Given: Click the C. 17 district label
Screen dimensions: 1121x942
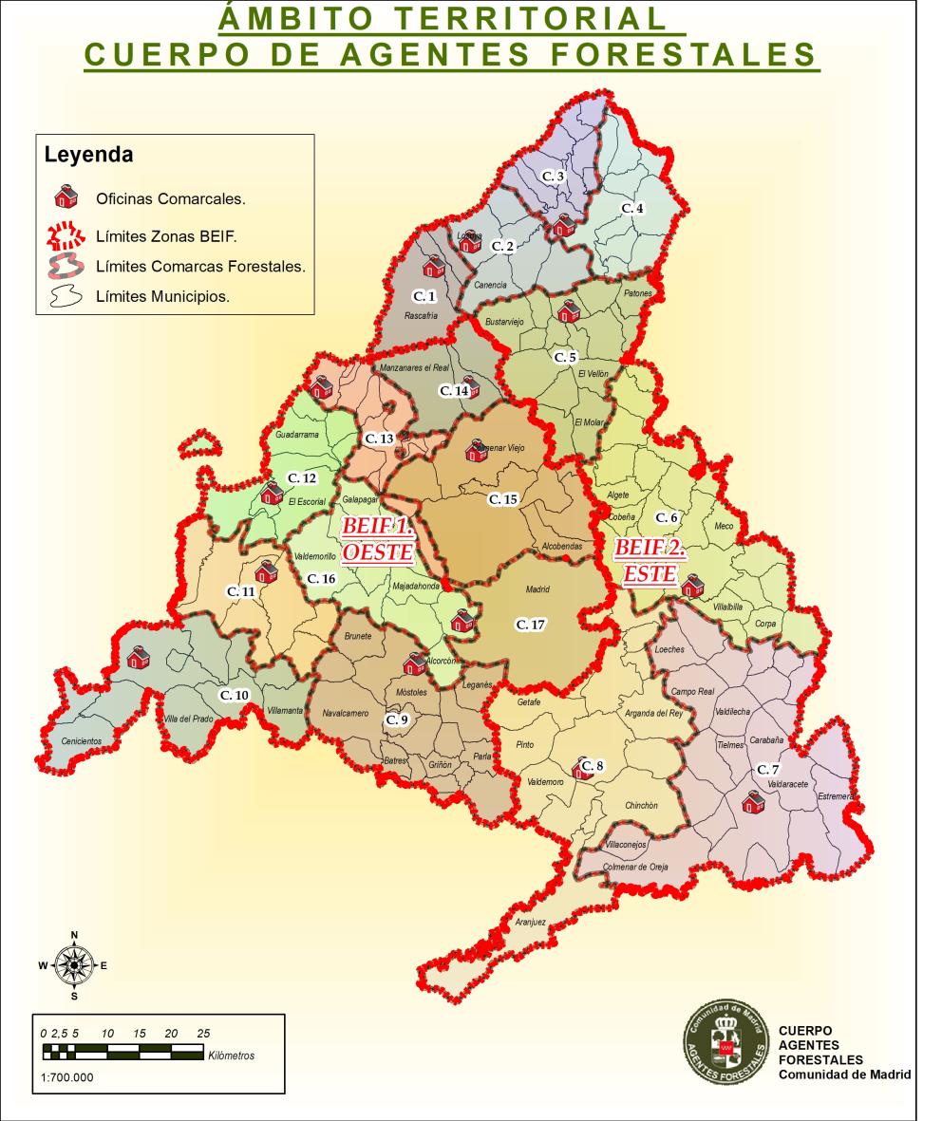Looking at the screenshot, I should click(x=530, y=624).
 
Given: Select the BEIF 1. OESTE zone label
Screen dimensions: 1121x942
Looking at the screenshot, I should click(x=377, y=538).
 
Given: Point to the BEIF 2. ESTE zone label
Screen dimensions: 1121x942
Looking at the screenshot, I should click(x=650, y=560).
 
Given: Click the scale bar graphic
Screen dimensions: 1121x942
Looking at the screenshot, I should click(x=122, y=1052).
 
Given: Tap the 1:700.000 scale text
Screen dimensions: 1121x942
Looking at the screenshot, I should click(x=68, y=1076).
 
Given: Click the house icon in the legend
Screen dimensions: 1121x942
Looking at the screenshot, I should click(x=65, y=198).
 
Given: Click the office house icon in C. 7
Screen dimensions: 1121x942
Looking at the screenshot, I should click(x=753, y=803).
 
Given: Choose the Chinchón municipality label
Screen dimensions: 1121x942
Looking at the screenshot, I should click(x=641, y=805).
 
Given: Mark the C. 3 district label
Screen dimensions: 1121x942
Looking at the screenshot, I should click(x=554, y=177).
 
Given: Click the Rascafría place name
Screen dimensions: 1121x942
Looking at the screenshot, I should click(x=421, y=316).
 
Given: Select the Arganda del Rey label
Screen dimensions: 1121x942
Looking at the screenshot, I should click(x=653, y=712).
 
